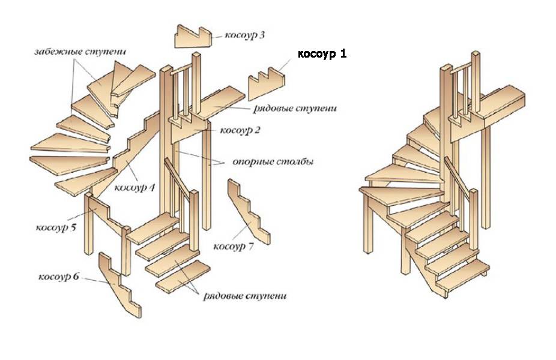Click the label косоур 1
coord(322,54)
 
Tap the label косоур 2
coord(240,130)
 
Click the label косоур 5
coord(55,228)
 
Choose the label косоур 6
coord(59,277)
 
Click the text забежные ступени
coord(74,52)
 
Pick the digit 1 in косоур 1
coord(343,54)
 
